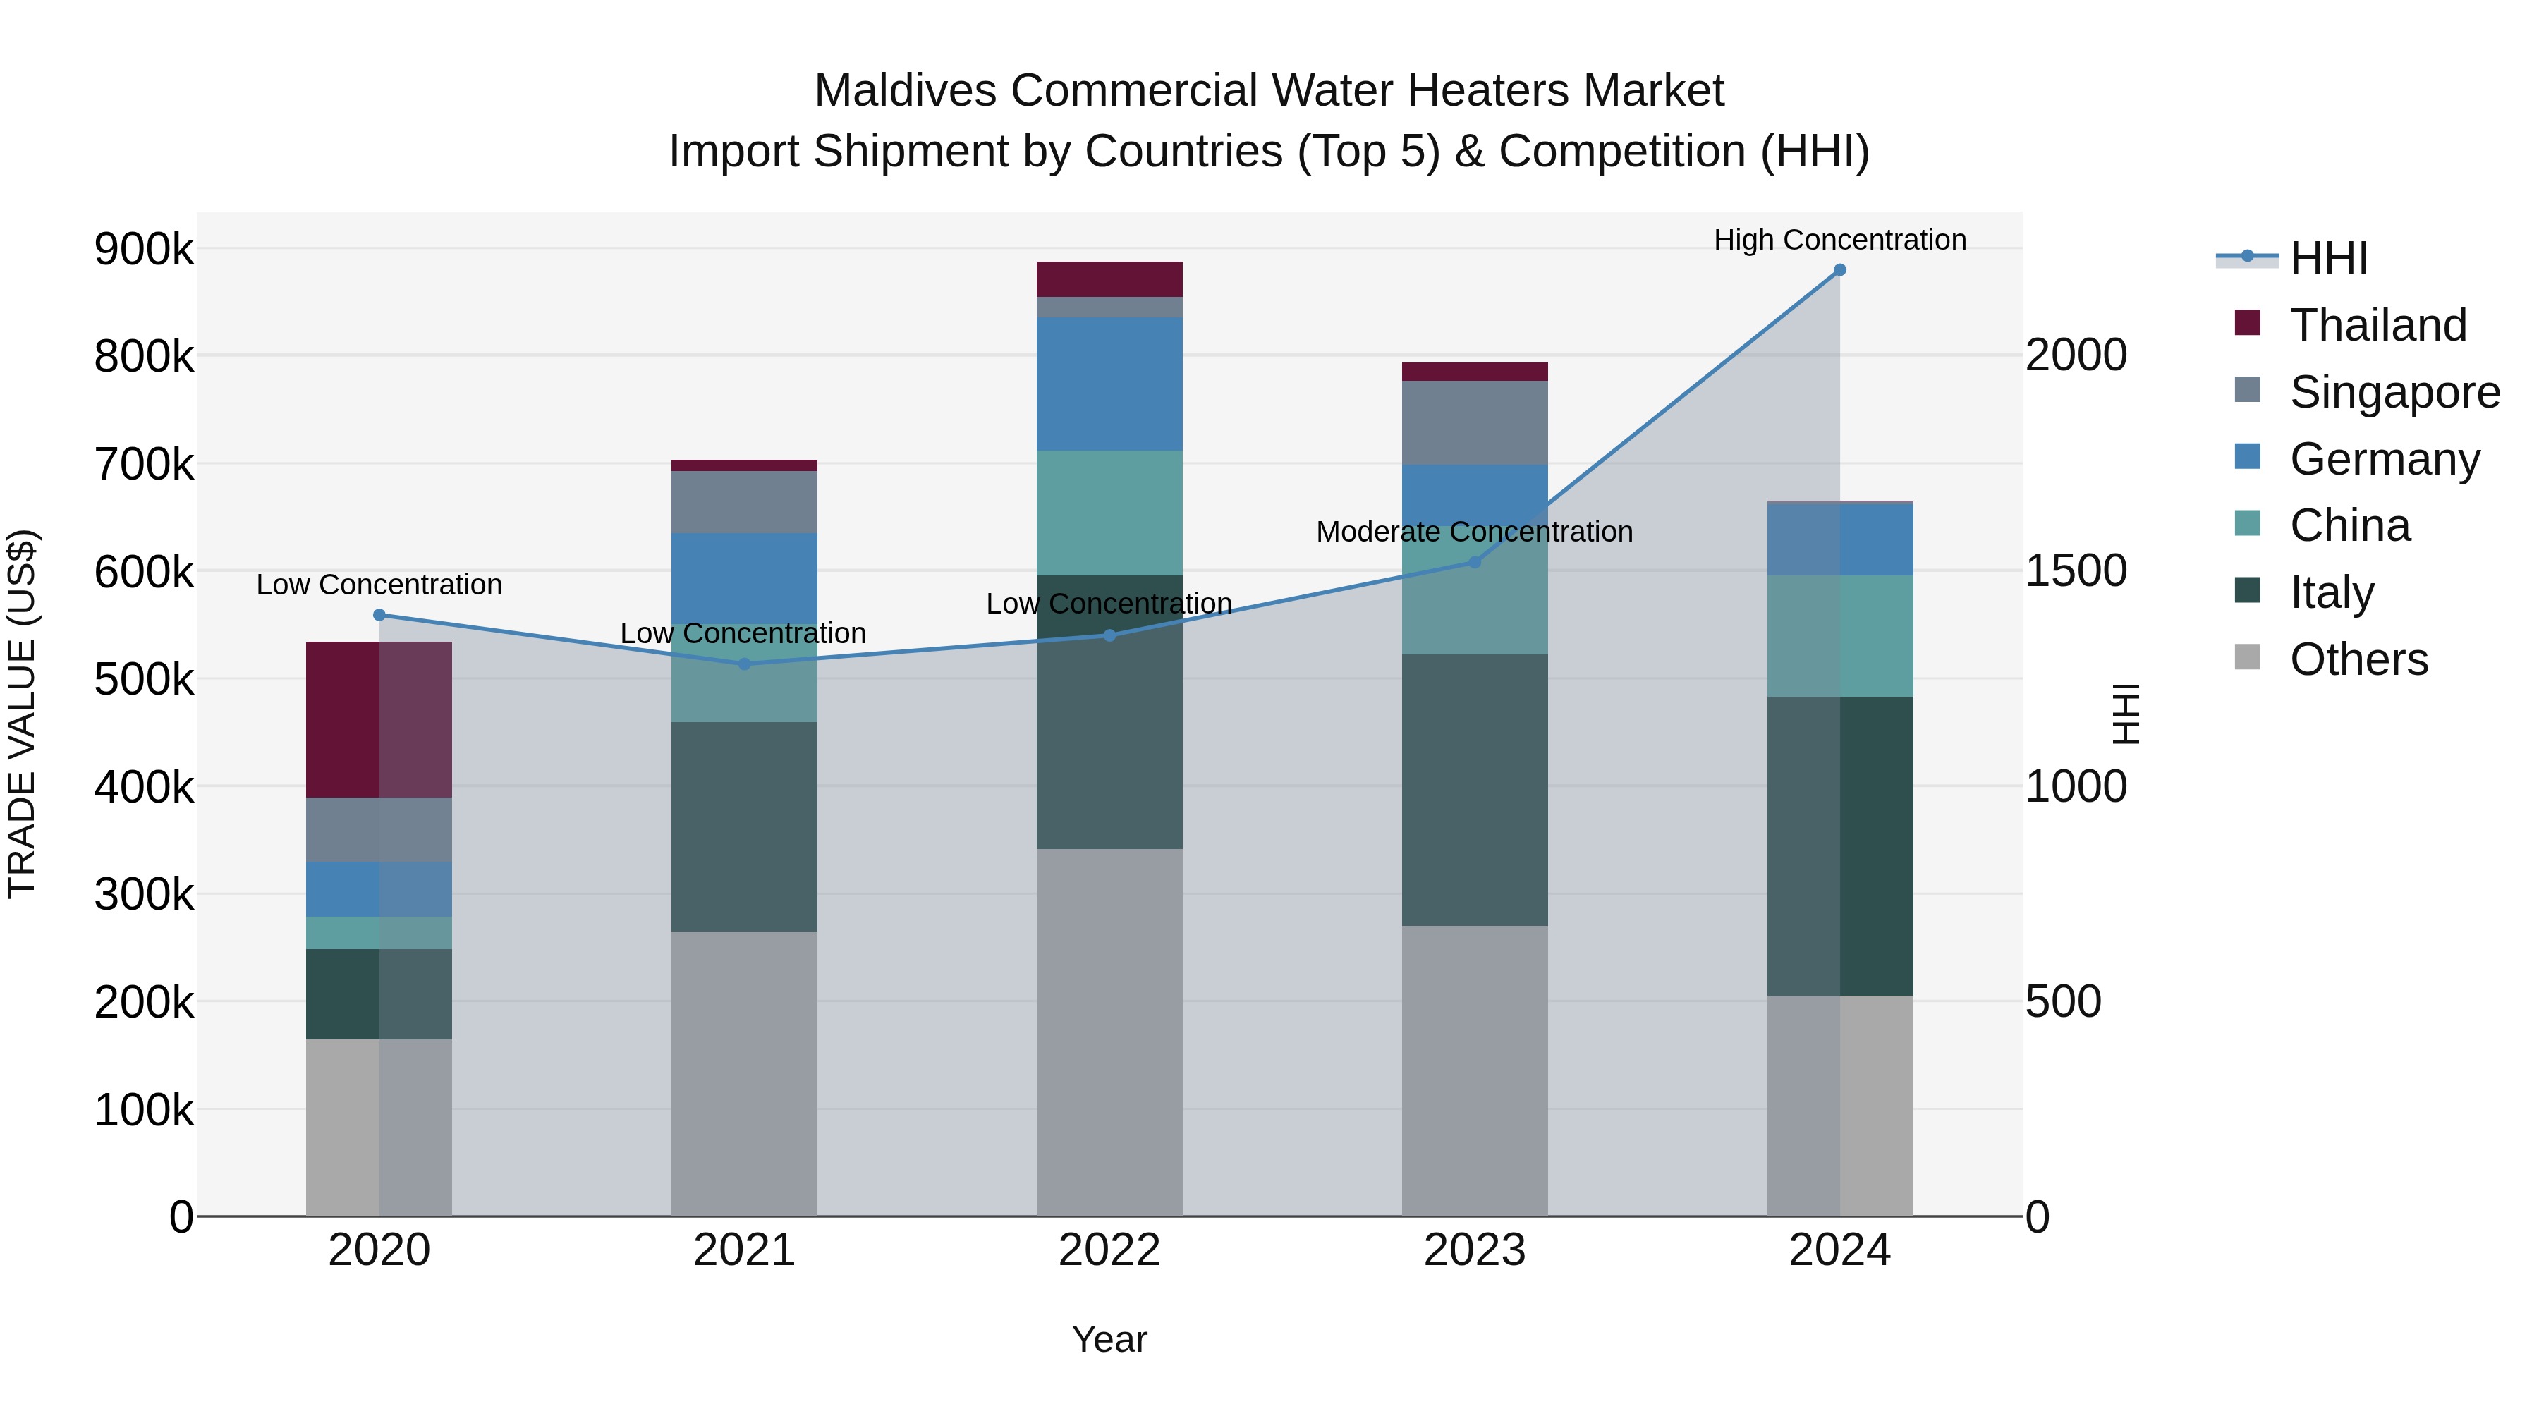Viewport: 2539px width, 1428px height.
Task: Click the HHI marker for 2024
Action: [x=1839, y=270]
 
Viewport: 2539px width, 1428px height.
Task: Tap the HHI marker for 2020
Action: [x=379, y=615]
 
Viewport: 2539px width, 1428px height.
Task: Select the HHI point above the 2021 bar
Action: [x=744, y=664]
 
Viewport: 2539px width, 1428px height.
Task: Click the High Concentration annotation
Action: [x=1839, y=240]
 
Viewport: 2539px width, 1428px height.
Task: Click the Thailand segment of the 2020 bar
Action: [x=379, y=719]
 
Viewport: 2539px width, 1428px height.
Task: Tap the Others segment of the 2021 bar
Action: [x=744, y=1074]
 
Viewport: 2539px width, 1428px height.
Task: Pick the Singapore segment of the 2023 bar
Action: [x=1475, y=423]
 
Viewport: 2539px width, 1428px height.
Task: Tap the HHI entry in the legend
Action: [x=2327, y=258]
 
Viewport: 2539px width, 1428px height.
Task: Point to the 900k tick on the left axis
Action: [x=144, y=250]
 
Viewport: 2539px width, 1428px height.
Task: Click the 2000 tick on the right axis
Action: [x=2076, y=356]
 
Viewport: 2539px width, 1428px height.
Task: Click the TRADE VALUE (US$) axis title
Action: [x=22, y=714]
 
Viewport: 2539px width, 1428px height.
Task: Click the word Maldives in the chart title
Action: [x=905, y=91]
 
